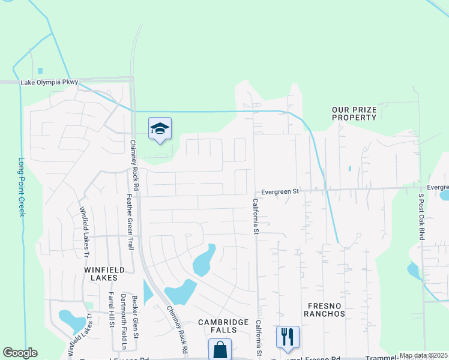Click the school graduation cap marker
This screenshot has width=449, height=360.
coord(160,128)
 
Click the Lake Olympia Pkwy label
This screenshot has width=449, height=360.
coord(49,82)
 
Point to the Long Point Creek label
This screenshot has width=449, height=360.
coord(22,187)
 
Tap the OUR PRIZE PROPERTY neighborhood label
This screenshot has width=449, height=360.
coord(354,113)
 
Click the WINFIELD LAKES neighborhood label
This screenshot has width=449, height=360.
coord(104,274)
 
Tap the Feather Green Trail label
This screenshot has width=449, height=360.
coord(128,225)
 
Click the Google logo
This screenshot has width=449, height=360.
coord(20,353)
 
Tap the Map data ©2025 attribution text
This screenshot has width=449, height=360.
coord(423,355)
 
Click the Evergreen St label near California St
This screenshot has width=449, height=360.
coord(279,191)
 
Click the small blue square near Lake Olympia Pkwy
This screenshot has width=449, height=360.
coord(40,71)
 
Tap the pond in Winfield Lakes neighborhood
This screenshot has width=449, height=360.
coord(71,320)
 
